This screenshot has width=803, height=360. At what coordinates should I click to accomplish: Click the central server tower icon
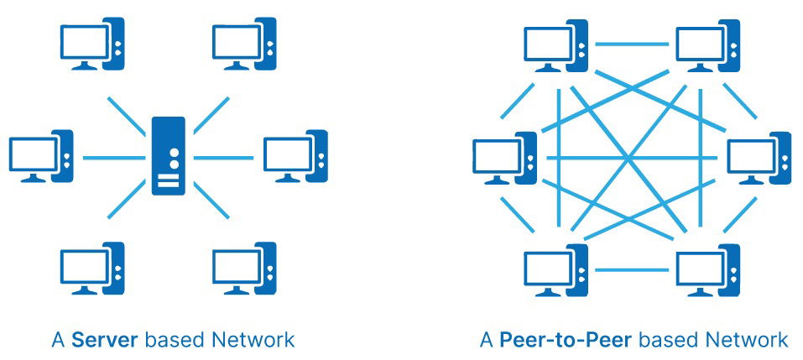169,156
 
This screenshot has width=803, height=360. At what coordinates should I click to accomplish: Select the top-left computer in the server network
91,46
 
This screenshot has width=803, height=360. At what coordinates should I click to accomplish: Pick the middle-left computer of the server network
41,156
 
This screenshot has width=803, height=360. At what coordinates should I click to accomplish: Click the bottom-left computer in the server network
91,269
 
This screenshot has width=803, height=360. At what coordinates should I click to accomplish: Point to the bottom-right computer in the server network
244,269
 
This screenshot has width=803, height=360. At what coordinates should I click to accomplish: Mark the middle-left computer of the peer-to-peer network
504,158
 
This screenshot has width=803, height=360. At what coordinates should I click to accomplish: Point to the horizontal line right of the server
225,157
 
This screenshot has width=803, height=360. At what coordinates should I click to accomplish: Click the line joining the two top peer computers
631,41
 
